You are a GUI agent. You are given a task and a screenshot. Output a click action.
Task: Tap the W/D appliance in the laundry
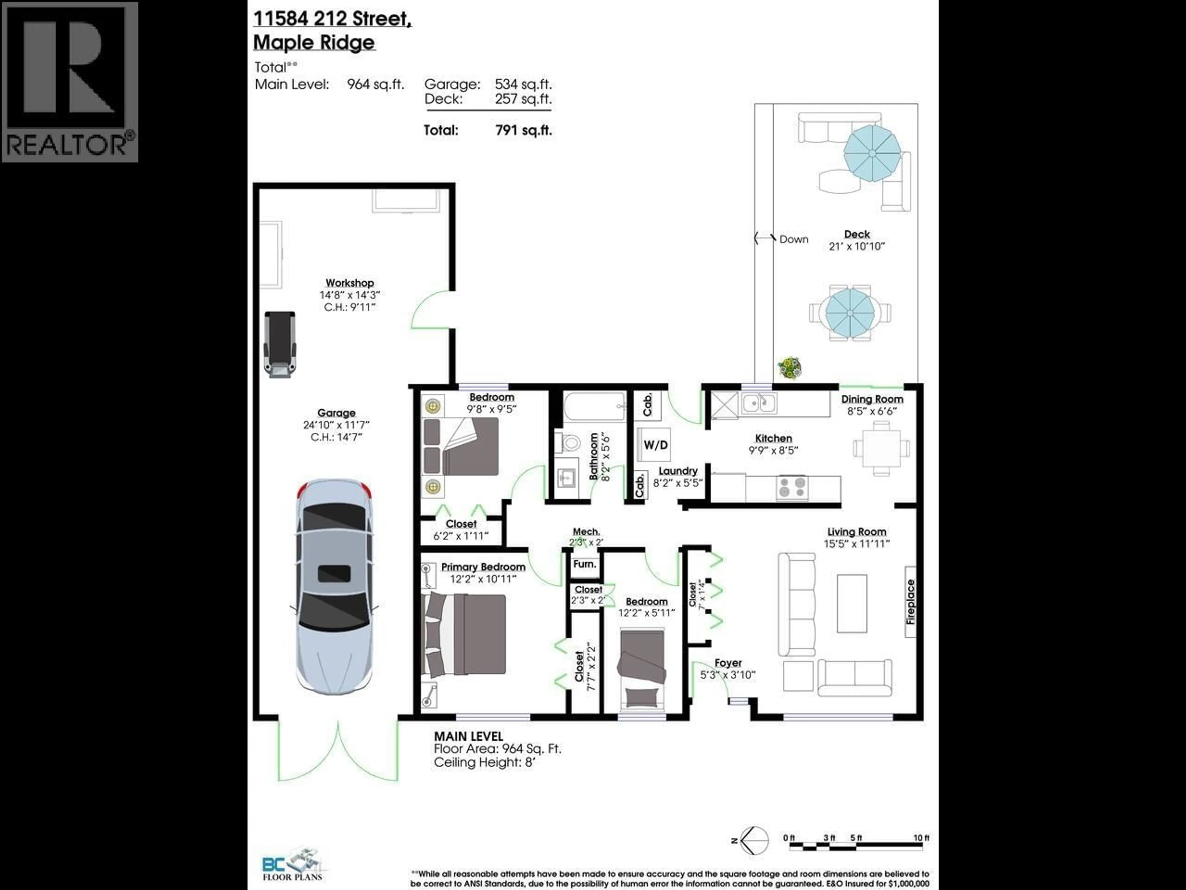tap(655, 445)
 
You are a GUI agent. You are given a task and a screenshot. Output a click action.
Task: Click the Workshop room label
tap(350, 283)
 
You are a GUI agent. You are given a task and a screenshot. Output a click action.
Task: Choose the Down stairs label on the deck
tap(793, 239)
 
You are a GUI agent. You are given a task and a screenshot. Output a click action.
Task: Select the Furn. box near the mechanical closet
tap(584, 564)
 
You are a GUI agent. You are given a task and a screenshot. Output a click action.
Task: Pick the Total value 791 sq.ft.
tap(523, 130)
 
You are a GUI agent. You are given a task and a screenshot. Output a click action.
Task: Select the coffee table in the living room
tap(852, 604)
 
